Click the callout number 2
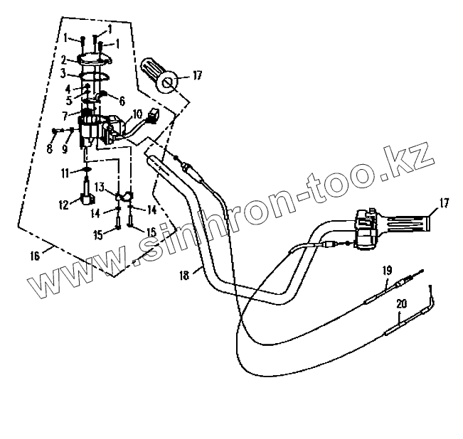63,59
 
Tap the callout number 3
63,73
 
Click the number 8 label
49,149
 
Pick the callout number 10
137,113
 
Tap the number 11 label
64,172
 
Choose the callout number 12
64,205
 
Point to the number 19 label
387,270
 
